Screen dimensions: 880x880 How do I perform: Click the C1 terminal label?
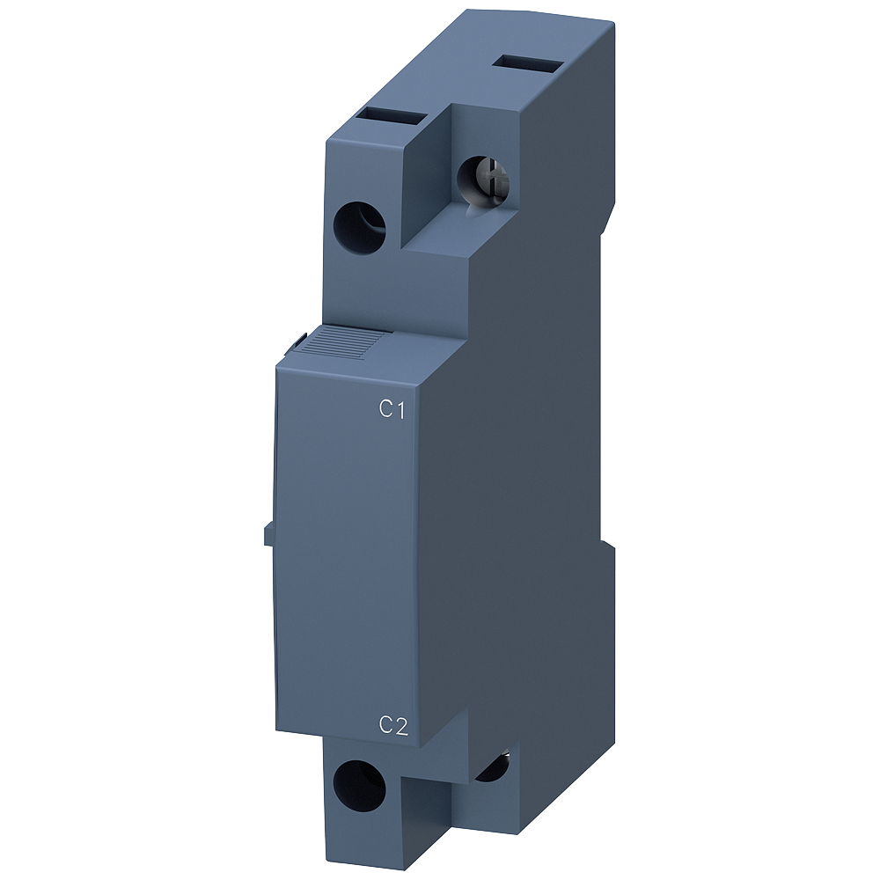pos(391,408)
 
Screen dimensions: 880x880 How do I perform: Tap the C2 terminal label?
pos(392,725)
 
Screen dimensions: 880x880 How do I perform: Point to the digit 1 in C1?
pos(399,408)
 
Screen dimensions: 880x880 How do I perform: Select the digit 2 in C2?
pos(400,725)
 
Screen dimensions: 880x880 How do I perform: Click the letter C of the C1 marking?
pos(385,408)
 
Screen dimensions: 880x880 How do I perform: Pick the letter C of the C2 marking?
pos(385,725)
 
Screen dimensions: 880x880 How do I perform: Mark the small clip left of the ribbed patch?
pos(299,339)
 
